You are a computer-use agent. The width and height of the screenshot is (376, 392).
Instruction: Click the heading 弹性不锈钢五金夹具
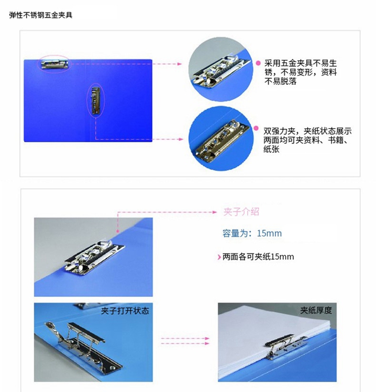point(41,15)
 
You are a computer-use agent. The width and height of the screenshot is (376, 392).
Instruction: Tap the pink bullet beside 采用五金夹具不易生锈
point(258,63)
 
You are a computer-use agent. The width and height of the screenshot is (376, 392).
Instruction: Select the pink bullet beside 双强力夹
point(256,128)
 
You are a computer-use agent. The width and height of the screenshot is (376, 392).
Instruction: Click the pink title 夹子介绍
point(241,212)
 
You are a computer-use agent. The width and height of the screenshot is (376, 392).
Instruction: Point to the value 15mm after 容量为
point(269,234)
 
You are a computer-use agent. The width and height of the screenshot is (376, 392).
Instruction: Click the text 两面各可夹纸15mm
point(258,257)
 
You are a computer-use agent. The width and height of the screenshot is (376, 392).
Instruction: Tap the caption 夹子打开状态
point(125,311)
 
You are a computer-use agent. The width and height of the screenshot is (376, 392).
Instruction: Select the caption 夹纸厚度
point(316,310)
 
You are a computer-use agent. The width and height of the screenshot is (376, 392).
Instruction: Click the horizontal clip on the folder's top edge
point(55,64)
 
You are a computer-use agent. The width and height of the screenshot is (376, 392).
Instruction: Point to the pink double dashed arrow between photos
point(185,341)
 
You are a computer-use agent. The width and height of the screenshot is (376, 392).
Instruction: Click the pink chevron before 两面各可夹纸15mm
point(219,257)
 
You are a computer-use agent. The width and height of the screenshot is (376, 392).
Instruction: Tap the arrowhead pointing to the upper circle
point(179,64)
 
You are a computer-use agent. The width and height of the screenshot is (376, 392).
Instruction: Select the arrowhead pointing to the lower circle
point(181,139)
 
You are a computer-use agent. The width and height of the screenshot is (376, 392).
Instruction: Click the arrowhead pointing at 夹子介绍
point(215,212)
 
